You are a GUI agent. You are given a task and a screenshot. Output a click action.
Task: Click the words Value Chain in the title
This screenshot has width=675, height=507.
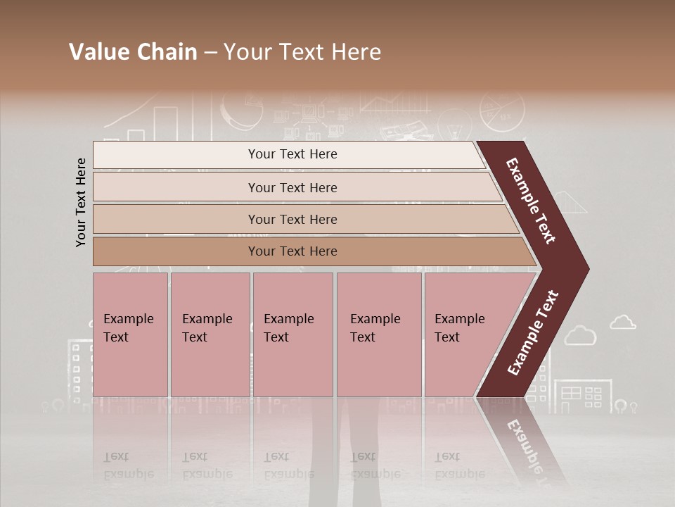coord(133,52)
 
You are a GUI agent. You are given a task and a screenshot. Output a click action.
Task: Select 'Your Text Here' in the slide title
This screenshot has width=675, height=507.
coord(302,52)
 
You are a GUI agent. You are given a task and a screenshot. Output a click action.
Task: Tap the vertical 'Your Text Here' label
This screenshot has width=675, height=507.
coord(81,202)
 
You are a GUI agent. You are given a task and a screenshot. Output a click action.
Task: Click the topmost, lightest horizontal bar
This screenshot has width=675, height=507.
coord(288,155)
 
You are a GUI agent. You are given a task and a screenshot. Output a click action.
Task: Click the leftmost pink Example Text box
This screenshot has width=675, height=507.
coord(130,334)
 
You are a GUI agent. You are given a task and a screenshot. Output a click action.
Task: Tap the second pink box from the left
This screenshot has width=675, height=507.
coord(210,334)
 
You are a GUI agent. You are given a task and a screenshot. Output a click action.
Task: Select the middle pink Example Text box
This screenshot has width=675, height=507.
coord(292,334)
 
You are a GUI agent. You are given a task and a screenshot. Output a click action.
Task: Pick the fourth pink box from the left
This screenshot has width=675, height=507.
coord(379,334)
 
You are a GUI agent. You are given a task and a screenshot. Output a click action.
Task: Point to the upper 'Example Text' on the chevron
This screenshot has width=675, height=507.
coord(531,201)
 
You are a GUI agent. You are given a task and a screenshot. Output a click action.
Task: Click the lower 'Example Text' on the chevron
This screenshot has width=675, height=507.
coord(533,333)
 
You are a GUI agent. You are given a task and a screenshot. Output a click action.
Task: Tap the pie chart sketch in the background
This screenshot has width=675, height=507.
coord(502,111)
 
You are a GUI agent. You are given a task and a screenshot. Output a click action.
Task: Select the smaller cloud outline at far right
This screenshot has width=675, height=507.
coord(623,323)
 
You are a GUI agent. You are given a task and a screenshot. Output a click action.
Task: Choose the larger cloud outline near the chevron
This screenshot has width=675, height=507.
coord(580,335)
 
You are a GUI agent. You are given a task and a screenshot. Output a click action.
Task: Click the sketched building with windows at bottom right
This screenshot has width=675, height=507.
coord(583,396)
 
